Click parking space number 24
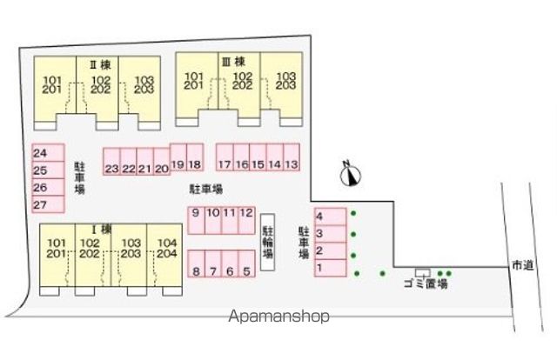click(49, 153)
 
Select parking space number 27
click(49, 204)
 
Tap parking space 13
click(292, 157)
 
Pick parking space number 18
click(195, 157)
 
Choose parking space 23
click(111, 162)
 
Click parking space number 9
click(196, 221)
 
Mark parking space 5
click(246, 263)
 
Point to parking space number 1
click(331, 268)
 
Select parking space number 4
click(331, 217)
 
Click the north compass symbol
click(350, 174)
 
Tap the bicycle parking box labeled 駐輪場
click(267, 242)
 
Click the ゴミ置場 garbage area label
click(426, 283)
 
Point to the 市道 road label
click(523, 265)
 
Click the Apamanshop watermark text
click(278, 316)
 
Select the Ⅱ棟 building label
click(101, 64)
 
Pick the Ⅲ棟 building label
click(234, 62)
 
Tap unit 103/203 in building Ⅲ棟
click(281, 85)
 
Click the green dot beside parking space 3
click(353, 234)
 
